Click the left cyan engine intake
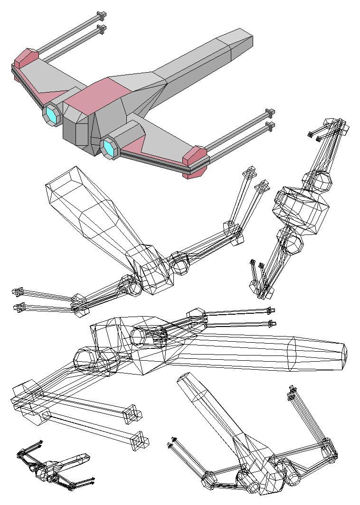point(51,115)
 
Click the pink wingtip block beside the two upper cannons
point(26,58)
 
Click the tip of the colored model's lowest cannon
point(270,126)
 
